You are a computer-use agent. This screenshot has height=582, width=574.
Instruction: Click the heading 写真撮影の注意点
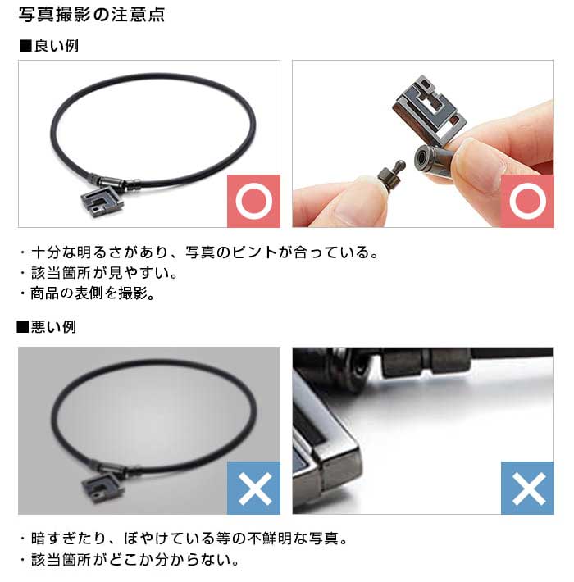coord(91,15)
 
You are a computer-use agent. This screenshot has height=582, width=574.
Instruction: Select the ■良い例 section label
coord(48,46)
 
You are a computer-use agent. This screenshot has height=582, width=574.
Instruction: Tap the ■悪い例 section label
coord(47,327)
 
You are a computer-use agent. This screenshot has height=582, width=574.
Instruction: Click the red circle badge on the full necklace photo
coord(253,201)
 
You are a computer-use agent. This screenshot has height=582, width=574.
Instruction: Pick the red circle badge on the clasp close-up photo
coord(527,201)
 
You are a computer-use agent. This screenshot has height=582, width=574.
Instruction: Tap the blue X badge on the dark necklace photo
coord(253,488)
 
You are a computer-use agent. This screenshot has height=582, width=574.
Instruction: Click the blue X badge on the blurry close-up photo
coord(527,488)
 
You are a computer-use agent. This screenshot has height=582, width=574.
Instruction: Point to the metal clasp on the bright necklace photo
coord(115,182)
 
